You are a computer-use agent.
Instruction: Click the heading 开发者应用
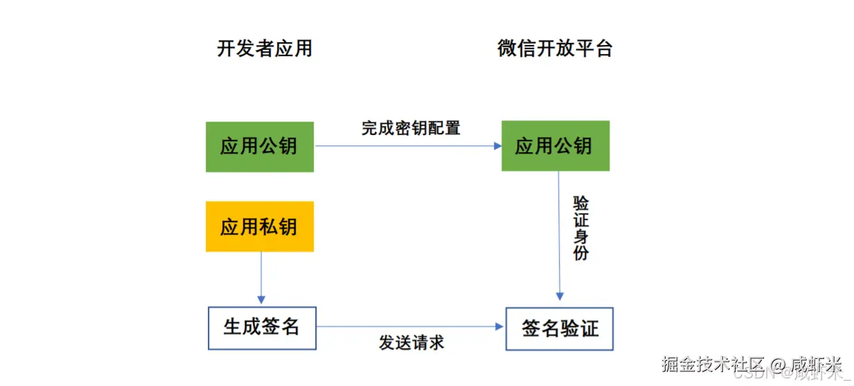pyautogui.click(x=265, y=48)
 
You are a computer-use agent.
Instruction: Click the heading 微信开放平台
pyautogui.click(x=555, y=48)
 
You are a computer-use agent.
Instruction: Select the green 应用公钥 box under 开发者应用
pyautogui.click(x=260, y=147)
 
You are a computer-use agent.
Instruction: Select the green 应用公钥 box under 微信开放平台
pyautogui.click(x=555, y=146)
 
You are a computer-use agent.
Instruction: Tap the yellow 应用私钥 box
pyautogui.click(x=260, y=227)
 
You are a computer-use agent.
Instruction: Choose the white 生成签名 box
pyautogui.click(x=262, y=327)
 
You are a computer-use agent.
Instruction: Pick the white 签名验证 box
pyautogui.click(x=560, y=329)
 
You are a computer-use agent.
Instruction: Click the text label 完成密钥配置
pyautogui.click(x=411, y=128)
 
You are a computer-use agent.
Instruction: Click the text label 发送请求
pyautogui.click(x=411, y=342)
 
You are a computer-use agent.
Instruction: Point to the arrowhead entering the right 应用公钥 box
pyautogui.click(x=497, y=146)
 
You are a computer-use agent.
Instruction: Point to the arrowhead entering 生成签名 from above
pyautogui.click(x=261, y=300)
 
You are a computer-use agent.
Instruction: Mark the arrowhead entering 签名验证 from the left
pyautogui.click(x=501, y=326)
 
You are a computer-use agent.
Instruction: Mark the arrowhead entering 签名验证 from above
pyautogui.click(x=560, y=297)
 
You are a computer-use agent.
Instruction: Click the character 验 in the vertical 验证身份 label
pyautogui.click(x=580, y=203)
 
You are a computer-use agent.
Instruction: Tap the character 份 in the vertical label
pyautogui.click(x=580, y=253)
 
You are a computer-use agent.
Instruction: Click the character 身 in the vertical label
pyautogui.click(x=580, y=237)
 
